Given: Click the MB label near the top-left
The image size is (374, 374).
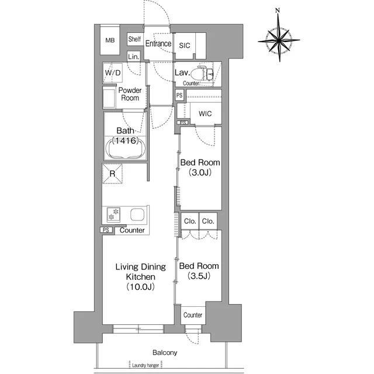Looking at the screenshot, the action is (x=110, y=40).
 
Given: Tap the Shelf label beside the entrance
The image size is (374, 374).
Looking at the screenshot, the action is (x=134, y=39).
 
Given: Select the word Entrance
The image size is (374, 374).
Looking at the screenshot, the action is (x=158, y=43).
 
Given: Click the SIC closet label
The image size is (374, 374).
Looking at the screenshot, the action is (x=185, y=46).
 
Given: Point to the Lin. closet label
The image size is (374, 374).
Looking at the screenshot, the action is (x=134, y=57).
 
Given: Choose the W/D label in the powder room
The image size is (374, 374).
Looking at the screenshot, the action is (x=113, y=72).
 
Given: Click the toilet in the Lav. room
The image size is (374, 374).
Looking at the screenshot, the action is (x=202, y=73).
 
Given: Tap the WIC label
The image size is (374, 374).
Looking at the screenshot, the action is (x=205, y=113).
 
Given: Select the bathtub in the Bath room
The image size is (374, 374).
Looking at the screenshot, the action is (x=126, y=148).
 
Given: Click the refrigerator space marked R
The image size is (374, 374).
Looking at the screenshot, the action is (x=112, y=174).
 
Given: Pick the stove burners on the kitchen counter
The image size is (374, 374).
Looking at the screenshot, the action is (x=113, y=214).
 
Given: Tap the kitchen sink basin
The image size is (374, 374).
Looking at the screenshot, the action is (x=137, y=214).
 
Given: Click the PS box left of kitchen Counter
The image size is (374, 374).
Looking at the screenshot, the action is (x=106, y=230).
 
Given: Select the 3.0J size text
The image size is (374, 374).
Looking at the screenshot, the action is (x=200, y=172).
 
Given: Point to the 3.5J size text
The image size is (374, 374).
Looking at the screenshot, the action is (x=199, y=276).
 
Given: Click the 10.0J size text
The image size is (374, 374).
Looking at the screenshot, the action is (x=141, y=286).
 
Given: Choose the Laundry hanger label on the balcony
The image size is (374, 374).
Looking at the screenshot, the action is (x=146, y=365).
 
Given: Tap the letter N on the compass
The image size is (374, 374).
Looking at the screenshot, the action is (x=277, y=11).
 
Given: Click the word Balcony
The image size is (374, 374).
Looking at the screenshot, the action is (x=165, y=352).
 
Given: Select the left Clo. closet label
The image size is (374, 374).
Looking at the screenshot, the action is (x=190, y=221).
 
